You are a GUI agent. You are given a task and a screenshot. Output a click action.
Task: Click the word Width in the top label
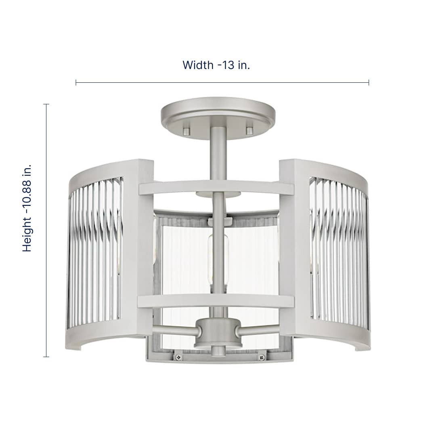click(197, 65)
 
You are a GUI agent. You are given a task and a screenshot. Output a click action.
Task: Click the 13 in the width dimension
click(227, 65)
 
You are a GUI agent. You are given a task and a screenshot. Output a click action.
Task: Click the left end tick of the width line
click(76, 82)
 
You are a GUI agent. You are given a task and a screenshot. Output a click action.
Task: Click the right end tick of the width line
click(369, 82)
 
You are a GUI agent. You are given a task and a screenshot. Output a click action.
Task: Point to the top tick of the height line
click(46, 104)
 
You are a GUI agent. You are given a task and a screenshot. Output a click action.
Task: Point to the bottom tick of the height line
click(46, 357)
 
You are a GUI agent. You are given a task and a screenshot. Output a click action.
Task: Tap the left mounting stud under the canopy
click(186, 130)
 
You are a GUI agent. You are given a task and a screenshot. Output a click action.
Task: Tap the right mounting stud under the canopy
click(249, 130)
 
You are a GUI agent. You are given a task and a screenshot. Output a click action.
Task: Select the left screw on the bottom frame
click(178, 357)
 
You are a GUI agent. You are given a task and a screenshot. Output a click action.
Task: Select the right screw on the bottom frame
click(261, 357)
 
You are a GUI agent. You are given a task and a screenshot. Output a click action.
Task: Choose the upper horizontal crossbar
click(216, 187)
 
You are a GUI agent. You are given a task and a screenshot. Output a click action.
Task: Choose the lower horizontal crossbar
click(216, 301)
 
